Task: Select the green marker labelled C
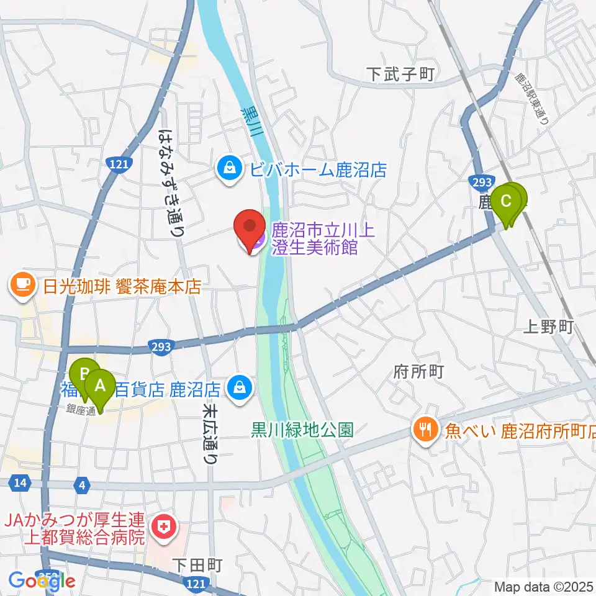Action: coord(507,202)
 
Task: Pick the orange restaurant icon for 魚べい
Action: coord(425,430)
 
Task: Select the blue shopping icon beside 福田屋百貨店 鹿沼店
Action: coord(238,389)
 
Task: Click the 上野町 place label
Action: coord(549,327)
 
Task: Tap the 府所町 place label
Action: coord(419,372)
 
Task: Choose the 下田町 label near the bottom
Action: coord(197,564)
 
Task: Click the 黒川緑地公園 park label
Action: coord(302,430)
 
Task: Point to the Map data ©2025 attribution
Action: coord(543,586)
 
